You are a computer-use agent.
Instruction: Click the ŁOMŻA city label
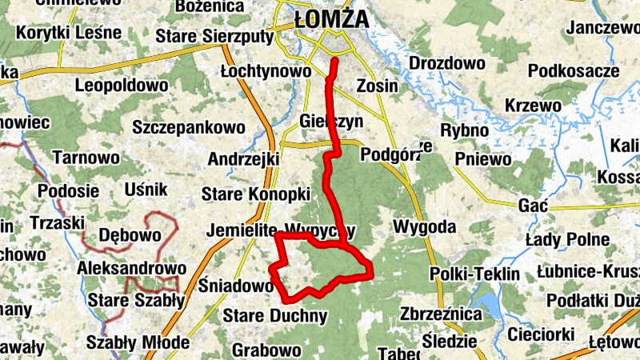(x=331, y=18)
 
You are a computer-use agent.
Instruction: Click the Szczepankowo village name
(x=189, y=127)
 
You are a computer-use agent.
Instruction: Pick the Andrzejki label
(x=242, y=159)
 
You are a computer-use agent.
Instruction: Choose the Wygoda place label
(x=424, y=227)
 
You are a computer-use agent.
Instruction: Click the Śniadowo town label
(x=236, y=286)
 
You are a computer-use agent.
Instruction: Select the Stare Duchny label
(x=275, y=315)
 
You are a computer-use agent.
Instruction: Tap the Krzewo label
(x=533, y=106)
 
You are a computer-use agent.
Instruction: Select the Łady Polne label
(x=567, y=239)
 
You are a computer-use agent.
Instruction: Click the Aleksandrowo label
(x=132, y=268)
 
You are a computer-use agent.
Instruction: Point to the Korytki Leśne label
(x=69, y=34)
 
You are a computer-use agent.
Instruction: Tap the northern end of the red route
(x=334, y=61)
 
